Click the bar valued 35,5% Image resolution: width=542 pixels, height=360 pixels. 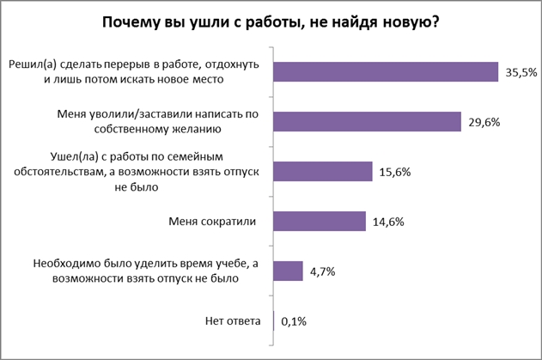(x=386, y=72)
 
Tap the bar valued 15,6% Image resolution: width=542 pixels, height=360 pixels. (x=322, y=172)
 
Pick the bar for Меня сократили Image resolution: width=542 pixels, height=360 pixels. (x=320, y=222)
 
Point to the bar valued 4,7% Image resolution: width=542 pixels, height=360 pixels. (x=288, y=272)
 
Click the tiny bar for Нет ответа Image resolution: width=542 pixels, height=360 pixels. (x=273, y=321)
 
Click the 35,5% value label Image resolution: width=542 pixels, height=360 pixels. (x=521, y=73)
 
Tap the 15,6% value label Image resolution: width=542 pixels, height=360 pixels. (x=393, y=173)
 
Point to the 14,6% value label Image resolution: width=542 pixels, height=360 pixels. (x=387, y=223)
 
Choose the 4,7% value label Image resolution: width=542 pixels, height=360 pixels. (x=322, y=272)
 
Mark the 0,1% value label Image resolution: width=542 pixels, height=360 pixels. (x=293, y=322)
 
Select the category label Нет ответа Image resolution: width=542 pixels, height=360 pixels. (x=232, y=321)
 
